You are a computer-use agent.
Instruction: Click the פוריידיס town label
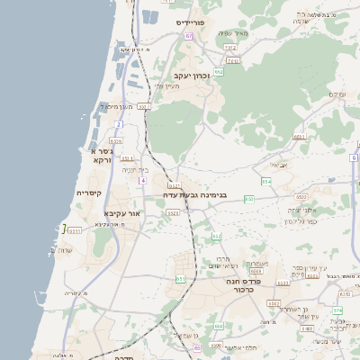coord(192,22)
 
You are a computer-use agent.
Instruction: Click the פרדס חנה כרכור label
coord(247,285)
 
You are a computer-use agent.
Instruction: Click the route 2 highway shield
coord(119,124)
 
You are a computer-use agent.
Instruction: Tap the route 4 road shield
coord(141,181)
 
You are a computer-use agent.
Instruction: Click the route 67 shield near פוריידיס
coord(189,36)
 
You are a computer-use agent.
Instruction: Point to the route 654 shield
coord(265,182)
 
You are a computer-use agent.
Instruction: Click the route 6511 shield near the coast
coord(74,230)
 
